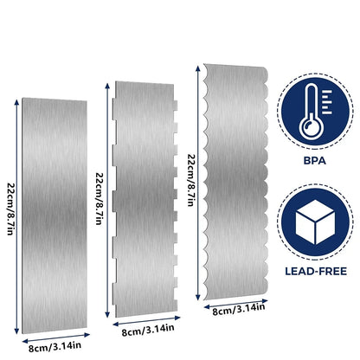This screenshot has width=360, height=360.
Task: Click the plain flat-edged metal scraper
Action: [55, 215]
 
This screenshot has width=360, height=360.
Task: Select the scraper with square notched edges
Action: [145, 199]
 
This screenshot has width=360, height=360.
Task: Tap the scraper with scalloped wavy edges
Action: [236, 182]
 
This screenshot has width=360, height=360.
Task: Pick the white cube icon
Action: [315, 222]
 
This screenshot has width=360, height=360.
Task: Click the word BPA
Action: [315, 161]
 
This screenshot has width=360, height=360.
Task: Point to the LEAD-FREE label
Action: [316, 272]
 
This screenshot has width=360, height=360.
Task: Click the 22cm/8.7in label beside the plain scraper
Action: [10, 209]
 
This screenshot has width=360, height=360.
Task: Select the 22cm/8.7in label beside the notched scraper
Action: [100, 198]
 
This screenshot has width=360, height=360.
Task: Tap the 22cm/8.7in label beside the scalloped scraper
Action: [192, 180]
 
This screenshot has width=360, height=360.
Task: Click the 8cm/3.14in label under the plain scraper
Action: [55, 346]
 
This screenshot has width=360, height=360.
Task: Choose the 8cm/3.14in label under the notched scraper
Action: [148, 331]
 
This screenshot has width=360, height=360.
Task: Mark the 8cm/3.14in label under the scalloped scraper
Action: [239, 309]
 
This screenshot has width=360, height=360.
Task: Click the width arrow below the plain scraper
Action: [56, 337]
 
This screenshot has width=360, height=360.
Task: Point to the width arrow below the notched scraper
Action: [146, 321]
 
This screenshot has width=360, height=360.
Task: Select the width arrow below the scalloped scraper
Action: [236, 304]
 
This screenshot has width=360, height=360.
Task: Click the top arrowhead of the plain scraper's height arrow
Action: [16, 101]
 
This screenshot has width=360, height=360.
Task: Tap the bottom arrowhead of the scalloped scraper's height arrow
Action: [198, 297]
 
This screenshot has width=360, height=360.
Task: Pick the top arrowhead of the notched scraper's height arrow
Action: [107, 86]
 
